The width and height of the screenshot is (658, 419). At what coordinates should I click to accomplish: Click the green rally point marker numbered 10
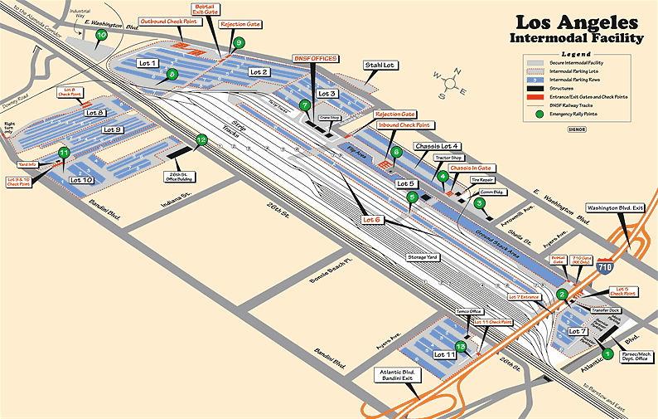pyautogui.click(x=101, y=35)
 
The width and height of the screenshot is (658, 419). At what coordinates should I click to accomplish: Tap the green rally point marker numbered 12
pyautogui.click(x=201, y=140)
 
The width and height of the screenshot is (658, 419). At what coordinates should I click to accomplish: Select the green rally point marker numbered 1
pyautogui.click(x=607, y=354)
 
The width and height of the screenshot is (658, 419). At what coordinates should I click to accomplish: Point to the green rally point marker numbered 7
pyautogui.click(x=305, y=105)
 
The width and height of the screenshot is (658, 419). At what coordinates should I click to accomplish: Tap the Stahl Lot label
pyautogui.click(x=378, y=65)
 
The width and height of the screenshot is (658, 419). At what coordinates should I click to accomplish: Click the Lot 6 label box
pyautogui.click(x=372, y=220)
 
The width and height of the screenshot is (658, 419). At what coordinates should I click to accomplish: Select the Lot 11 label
pyautogui.click(x=444, y=354)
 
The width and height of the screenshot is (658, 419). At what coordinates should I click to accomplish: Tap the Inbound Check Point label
pyautogui.click(x=404, y=124)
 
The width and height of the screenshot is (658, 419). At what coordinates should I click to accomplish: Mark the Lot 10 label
pyautogui.click(x=81, y=179)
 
